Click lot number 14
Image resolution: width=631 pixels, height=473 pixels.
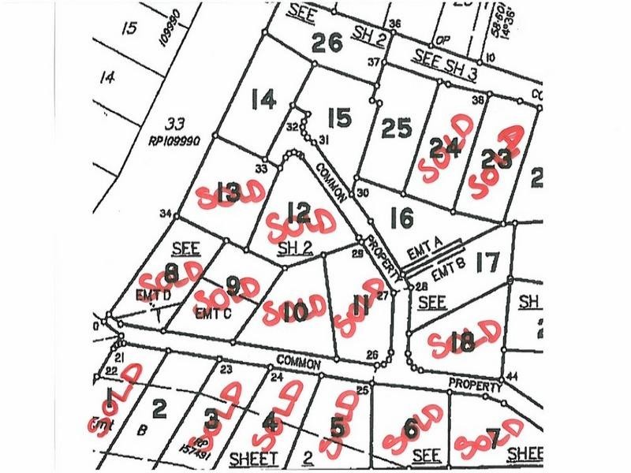coord(263,100)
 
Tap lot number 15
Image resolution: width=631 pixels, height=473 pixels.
coord(338,119)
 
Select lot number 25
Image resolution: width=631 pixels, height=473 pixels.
coord(397,128)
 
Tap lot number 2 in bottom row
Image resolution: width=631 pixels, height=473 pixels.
coord(159,408)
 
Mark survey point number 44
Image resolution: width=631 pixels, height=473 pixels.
coord(513,376)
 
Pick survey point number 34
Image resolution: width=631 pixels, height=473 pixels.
coord(164,214)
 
